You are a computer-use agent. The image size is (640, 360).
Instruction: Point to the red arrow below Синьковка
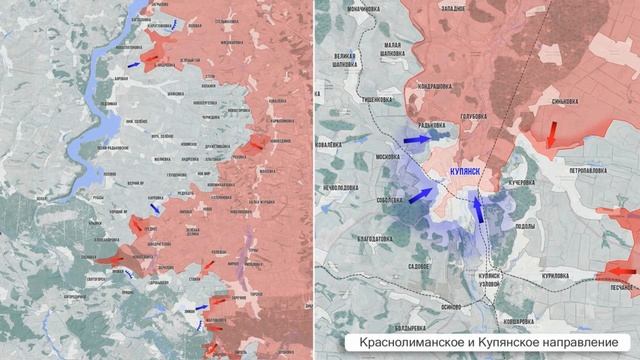(x=551, y=132)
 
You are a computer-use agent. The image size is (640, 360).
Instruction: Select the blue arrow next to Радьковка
(x=411, y=143)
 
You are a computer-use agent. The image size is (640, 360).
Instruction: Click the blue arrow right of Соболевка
(x=421, y=194)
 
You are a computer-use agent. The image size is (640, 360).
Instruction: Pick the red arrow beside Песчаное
(x=620, y=272)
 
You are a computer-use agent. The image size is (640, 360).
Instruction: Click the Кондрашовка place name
(x=442, y=86)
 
